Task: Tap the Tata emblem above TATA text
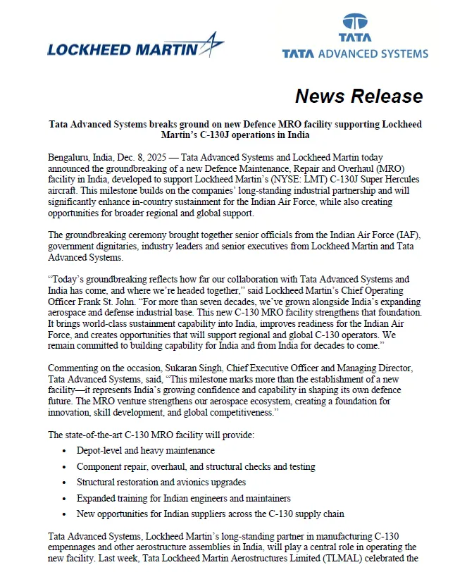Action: [x=354, y=23]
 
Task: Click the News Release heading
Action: [x=359, y=97]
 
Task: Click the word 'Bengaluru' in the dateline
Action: [x=70, y=157]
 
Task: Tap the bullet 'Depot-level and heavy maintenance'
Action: [x=146, y=450]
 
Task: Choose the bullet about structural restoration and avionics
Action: [x=161, y=483]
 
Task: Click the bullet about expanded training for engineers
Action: [x=174, y=498]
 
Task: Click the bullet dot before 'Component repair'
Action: [x=64, y=467]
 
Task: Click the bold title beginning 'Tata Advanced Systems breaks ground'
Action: [x=235, y=129]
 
